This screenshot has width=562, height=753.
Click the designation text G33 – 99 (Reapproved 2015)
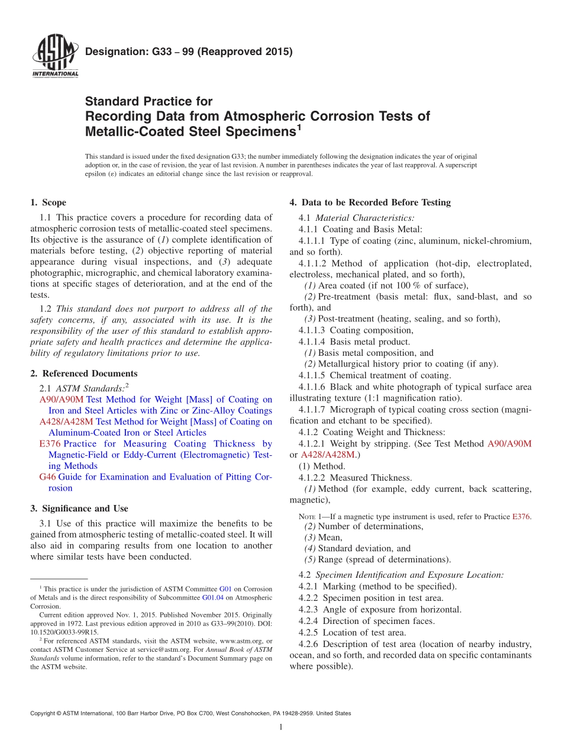pyautogui.click(x=189, y=52)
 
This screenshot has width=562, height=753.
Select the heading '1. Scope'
pyautogui.click(x=49, y=202)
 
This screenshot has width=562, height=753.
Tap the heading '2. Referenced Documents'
pyautogui.click(x=84, y=374)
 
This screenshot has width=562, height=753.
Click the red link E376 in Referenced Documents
pyautogui.click(x=50, y=444)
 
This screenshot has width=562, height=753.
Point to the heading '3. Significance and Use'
pyautogui.click(x=79, y=509)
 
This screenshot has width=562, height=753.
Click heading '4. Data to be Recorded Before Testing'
pyautogui.click(x=370, y=202)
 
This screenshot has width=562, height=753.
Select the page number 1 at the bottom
pyautogui.click(x=281, y=728)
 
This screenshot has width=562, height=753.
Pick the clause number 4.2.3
pyautogui.click(x=310, y=610)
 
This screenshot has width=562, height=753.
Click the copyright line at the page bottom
pyautogui.click(x=190, y=713)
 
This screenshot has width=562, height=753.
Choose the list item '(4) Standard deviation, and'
pyautogui.click(x=357, y=549)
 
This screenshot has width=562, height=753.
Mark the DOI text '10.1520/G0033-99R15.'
pyautogui.click(x=64, y=632)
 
